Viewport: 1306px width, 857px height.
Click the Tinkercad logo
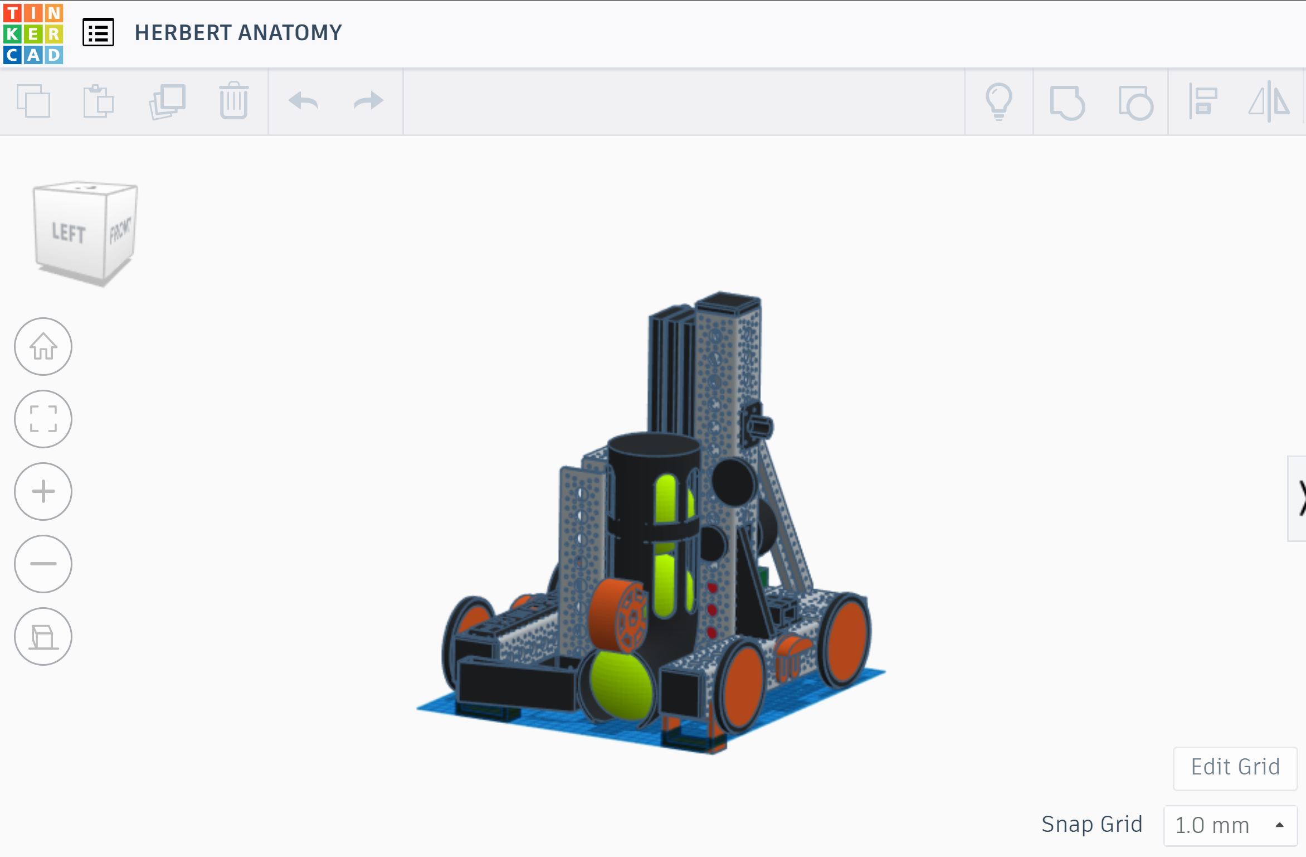coord(33,34)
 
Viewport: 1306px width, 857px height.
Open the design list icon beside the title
coord(98,32)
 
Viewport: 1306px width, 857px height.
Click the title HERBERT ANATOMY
coord(238,32)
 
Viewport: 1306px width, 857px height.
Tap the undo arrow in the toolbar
coord(303,101)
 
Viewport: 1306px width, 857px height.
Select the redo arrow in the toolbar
coord(369,101)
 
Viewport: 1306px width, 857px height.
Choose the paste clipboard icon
coord(99,101)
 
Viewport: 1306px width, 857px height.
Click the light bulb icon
coord(998,101)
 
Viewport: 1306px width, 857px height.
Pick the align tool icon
coord(1202,101)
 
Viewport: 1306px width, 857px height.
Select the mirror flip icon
coord(1269,101)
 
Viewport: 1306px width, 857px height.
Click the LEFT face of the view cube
coord(69,232)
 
